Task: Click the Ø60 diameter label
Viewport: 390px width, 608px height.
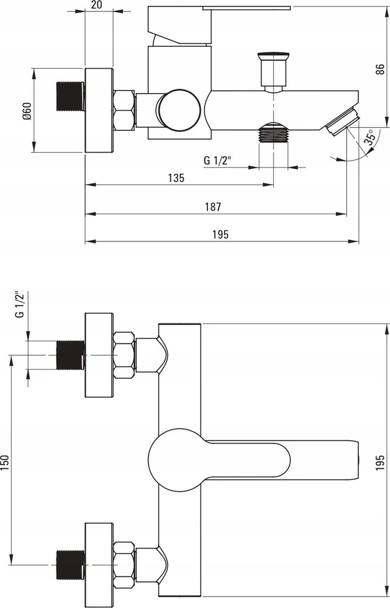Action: pos(26,111)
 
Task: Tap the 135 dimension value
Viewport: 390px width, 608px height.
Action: pos(176,178)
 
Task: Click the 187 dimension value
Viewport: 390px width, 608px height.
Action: pos(213,207)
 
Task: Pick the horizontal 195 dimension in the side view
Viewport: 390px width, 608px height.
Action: pos(220,235)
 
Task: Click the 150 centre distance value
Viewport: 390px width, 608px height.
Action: pos(5,463)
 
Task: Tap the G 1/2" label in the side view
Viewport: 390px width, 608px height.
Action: pos(217,160)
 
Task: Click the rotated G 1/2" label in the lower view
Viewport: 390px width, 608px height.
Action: pos(20,305)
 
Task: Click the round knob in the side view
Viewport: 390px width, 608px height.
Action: pos(178,110)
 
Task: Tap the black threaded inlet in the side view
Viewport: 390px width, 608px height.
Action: pos(70,96)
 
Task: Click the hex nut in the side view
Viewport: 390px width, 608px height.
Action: pos(124,110)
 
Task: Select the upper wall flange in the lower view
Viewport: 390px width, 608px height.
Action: pos(99,355)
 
